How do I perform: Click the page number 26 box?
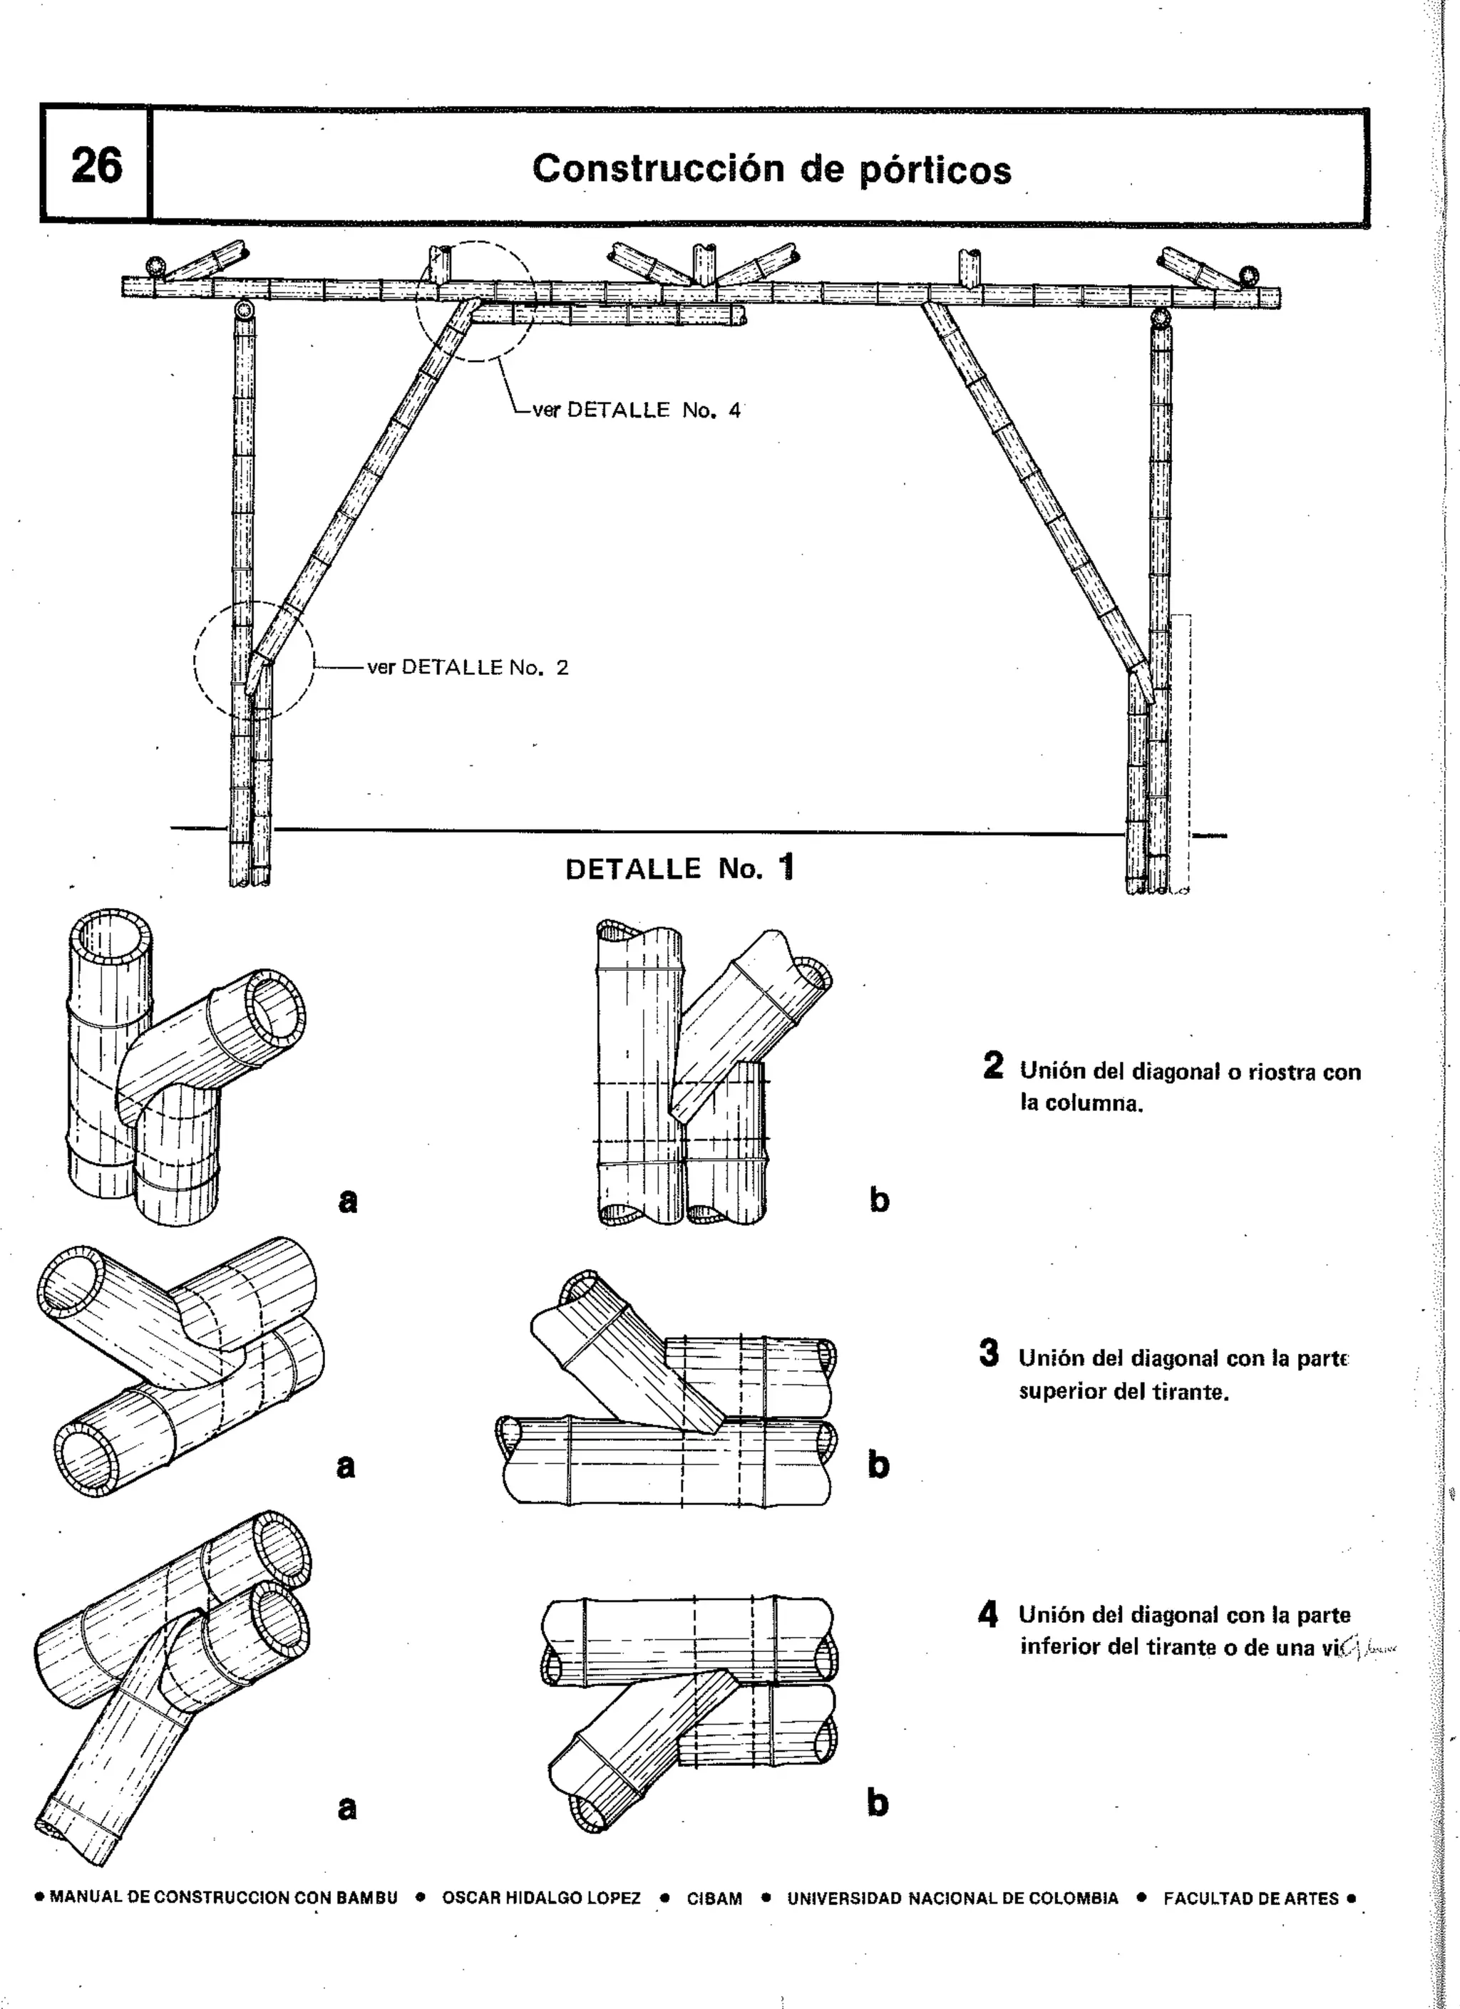pos(96,165)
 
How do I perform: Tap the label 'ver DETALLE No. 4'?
pos(635,410)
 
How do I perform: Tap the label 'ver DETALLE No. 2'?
pos(468,667)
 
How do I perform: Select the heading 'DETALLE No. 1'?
pos(679,868)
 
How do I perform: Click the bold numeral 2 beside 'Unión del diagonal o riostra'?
pos(993,1065)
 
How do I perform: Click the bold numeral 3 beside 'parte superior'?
pos(989,1353)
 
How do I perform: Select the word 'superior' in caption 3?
pos(1061,1390)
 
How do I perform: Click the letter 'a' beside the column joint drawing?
pos(348,1200)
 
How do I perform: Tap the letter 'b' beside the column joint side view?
pos(878,1200)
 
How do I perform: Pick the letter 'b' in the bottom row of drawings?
pos(877,1802)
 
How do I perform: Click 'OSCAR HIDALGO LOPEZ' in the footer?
pos(540,1899)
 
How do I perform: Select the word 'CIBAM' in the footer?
pos(714,1899)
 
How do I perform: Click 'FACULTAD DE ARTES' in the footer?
pos(1251,1899)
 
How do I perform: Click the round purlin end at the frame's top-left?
pos(157,266)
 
